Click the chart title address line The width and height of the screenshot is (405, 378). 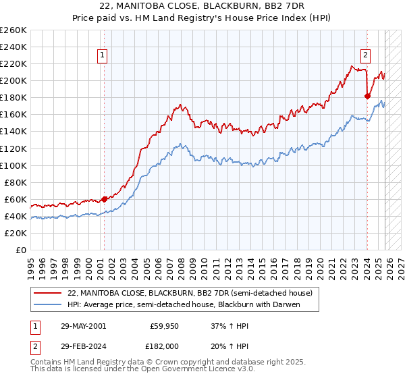point(202,6)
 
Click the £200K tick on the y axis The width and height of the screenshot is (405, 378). point(13,80)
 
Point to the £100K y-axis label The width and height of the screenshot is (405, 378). point(13,165)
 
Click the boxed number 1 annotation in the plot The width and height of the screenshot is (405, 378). point(103,56)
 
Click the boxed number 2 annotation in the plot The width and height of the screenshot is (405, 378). point(365,56)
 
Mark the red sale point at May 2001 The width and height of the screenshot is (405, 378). point(104,199)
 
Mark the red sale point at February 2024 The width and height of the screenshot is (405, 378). point(367,96)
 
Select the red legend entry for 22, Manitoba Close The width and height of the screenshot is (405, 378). point(190,294)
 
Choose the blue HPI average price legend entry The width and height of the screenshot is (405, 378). point(183,305)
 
